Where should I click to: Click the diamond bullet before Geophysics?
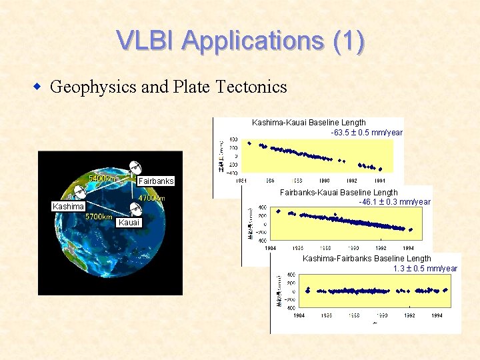(39, 87)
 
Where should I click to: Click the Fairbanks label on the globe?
(155, 181)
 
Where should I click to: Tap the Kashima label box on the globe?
(69, 207)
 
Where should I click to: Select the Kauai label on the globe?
(129, 222)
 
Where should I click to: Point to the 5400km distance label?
(103, 179)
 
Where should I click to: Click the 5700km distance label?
(98, 217)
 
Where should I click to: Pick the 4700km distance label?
(151, 198)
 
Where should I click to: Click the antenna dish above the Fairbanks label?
(135, 167)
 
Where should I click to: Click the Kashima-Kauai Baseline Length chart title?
(309, 123)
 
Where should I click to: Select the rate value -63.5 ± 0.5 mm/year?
(367, 132)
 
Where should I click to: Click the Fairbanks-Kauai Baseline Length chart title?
(338, 193)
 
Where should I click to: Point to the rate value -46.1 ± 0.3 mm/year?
(394, 201)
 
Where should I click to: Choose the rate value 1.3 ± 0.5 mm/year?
(425, 269)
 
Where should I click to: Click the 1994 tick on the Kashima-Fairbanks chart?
(437, 315)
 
